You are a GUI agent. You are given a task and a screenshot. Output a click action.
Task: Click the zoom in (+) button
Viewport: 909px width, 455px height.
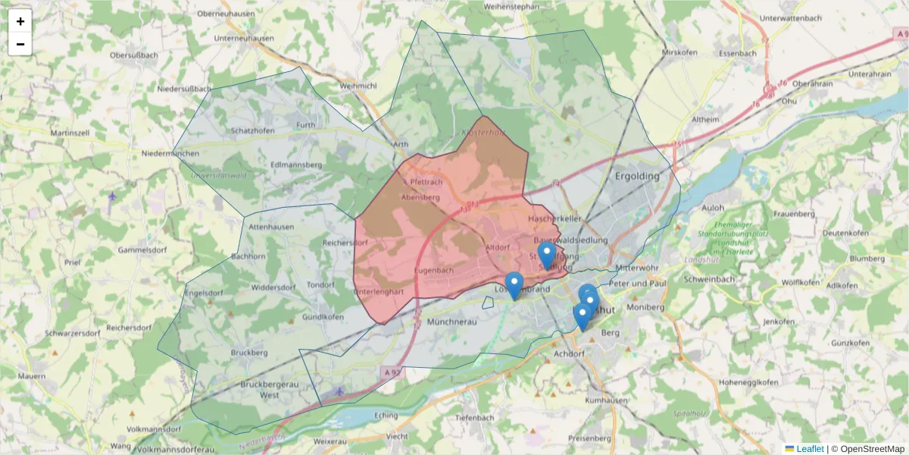20,21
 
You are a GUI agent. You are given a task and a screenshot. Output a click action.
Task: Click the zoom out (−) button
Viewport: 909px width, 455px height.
20,44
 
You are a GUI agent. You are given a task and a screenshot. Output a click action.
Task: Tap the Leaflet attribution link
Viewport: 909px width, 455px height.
809,449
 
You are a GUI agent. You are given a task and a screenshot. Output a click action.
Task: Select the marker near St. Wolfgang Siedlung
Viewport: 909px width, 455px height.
546,254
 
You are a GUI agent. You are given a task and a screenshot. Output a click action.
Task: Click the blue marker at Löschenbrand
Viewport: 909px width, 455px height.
514,284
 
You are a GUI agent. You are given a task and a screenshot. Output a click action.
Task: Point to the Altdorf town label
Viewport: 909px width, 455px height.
498,247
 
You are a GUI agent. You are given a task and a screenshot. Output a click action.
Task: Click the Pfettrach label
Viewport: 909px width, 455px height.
425,183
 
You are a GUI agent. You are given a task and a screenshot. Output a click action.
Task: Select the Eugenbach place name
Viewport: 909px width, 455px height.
434,271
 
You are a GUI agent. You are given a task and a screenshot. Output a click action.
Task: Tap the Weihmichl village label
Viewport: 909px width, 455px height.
358,86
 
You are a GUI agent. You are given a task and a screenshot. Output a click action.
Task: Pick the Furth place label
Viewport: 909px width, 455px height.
305,124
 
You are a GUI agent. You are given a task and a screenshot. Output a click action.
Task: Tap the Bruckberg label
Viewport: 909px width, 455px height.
250,353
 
